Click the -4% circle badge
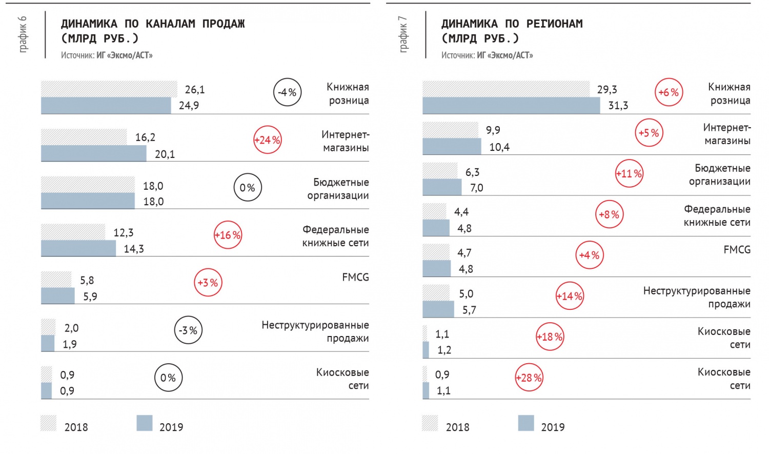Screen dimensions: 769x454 (287, 92)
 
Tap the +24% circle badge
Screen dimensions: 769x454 (268, 140)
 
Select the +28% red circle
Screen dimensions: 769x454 (529, 378)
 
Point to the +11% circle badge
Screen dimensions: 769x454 (629, 173)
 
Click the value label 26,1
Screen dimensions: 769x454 (195, 90)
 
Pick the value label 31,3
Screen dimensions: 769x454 (618, 106)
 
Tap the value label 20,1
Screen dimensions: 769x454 (165, 154)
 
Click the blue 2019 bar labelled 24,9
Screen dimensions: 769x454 (106, 106)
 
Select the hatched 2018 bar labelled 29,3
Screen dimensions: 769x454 (506, 89)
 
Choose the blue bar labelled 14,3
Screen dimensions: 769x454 (78, 248)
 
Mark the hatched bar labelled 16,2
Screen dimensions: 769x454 (84, 137)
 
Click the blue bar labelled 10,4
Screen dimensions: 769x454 (452, 146)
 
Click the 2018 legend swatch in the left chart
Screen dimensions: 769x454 (48, 423)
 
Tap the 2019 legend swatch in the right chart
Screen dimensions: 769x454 (526, 423)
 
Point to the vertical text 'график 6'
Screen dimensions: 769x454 (23, 34)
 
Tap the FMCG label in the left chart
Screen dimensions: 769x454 (355, 277)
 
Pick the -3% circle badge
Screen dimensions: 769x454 (188, 330)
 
